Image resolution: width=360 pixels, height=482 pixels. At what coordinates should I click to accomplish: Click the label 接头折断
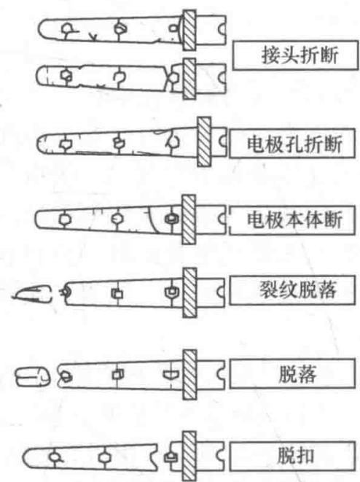coord(300,55)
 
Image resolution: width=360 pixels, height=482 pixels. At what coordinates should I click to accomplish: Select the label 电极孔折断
coord(294,144)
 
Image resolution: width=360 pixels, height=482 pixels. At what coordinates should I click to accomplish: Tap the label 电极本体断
coord(294,219)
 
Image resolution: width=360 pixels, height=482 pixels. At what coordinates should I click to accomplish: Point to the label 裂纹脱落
coord(298,289)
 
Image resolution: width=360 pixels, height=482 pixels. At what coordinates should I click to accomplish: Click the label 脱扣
coord(295,456)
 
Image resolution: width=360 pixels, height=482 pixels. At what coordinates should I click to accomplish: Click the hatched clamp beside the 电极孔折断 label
coord(204,141)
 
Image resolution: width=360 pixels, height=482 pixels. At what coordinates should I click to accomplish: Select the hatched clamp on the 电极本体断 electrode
coord(189,219)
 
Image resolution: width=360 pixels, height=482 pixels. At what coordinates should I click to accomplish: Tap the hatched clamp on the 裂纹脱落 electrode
coord(189,292)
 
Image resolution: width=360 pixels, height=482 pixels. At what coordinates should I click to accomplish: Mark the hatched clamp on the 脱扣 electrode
coord(189,456)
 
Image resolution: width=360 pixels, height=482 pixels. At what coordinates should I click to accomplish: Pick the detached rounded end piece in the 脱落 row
coord(33,376)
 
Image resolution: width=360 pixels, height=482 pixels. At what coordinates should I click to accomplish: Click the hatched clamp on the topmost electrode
coord(189,31)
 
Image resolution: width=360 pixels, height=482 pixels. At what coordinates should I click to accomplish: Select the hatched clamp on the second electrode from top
coord(189,79)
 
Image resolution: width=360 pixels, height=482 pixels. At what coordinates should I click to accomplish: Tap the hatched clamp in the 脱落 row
coord(189,374)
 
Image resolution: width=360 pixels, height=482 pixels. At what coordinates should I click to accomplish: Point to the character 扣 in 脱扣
coord(305,456)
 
